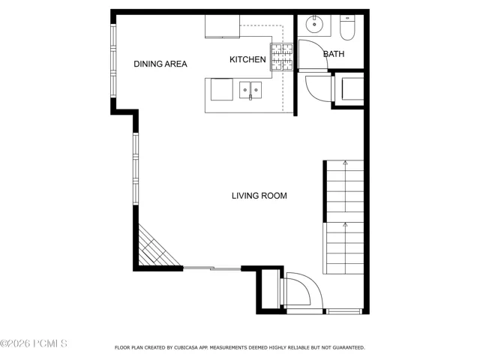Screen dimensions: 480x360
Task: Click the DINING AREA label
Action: point(160,64)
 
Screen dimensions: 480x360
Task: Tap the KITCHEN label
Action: point(247,59)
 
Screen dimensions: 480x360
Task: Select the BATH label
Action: point(334,54)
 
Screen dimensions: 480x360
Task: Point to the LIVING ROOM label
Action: point(259,196)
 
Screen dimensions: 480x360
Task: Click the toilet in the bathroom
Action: point(347,28)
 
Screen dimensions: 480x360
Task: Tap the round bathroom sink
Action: point(314,24)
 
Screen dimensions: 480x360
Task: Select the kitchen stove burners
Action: point(281,57)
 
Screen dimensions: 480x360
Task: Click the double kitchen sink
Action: point(250,90)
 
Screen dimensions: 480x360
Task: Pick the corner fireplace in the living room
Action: point(156,248)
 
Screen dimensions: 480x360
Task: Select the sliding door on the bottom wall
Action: point(212,268)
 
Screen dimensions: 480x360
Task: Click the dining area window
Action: point(113,61)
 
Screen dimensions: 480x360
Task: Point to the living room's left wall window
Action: point(136,169)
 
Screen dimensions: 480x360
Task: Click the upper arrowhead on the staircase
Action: point(345,163)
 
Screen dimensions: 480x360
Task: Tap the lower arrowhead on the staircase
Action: point(345,225)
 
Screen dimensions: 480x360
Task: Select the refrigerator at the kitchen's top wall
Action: point(222,26)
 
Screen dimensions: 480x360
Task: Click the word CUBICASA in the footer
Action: point(186,348)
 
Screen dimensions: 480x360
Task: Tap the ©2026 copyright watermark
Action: point(34,343)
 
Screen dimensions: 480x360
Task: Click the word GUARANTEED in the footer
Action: point(349,348)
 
